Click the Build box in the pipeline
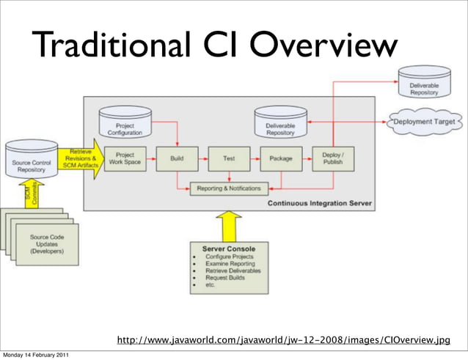coord(176,158)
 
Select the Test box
coord(228,158)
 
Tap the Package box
coord(281,158)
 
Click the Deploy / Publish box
coord(333,158)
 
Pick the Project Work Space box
coord(125,158)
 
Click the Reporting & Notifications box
coord(228,188)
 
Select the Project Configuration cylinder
coord(125,125)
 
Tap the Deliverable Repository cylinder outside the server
coord(425,85)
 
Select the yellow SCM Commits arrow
coord(30,194)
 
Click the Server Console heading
coord(228,249)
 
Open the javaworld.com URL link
coord(283,340)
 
